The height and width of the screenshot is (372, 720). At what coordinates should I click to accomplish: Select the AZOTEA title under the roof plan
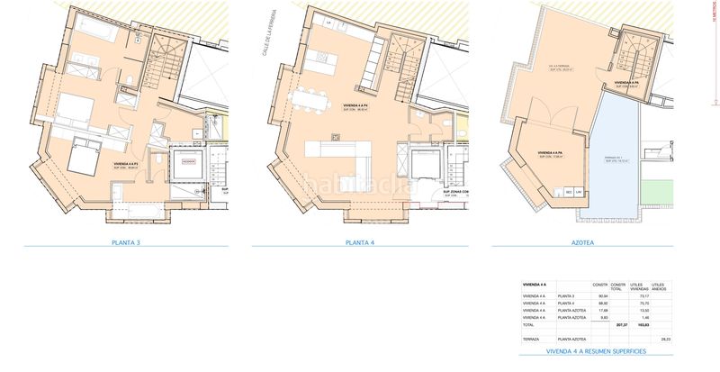click(596, 242)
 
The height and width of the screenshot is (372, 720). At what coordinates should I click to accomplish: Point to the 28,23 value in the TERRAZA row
click(666, 340)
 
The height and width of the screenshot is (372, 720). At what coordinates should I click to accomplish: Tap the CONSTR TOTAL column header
click(618, 286)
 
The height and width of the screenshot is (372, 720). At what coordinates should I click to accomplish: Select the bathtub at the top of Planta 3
click(90, 28)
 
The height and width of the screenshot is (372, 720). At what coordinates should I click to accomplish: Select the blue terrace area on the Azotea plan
click(613, 158)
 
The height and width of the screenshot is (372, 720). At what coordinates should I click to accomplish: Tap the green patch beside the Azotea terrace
click(659, 190)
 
